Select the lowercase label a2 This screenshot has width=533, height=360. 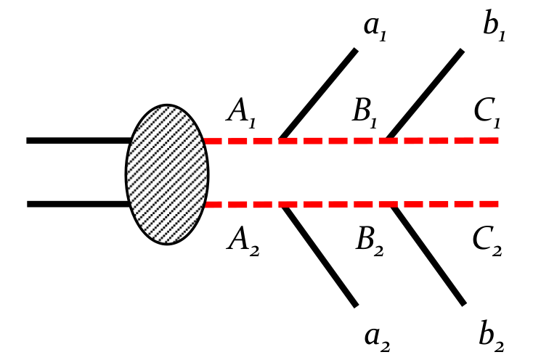[x=379, y=337]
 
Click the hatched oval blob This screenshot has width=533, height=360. [x=168, y=173]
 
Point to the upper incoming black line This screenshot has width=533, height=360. [x=77, y=141]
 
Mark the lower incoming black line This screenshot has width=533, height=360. [x=77, y=205]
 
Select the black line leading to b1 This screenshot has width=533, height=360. [x=426, y=94]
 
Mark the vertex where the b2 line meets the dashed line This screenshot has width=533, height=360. [x=394, y=205]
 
